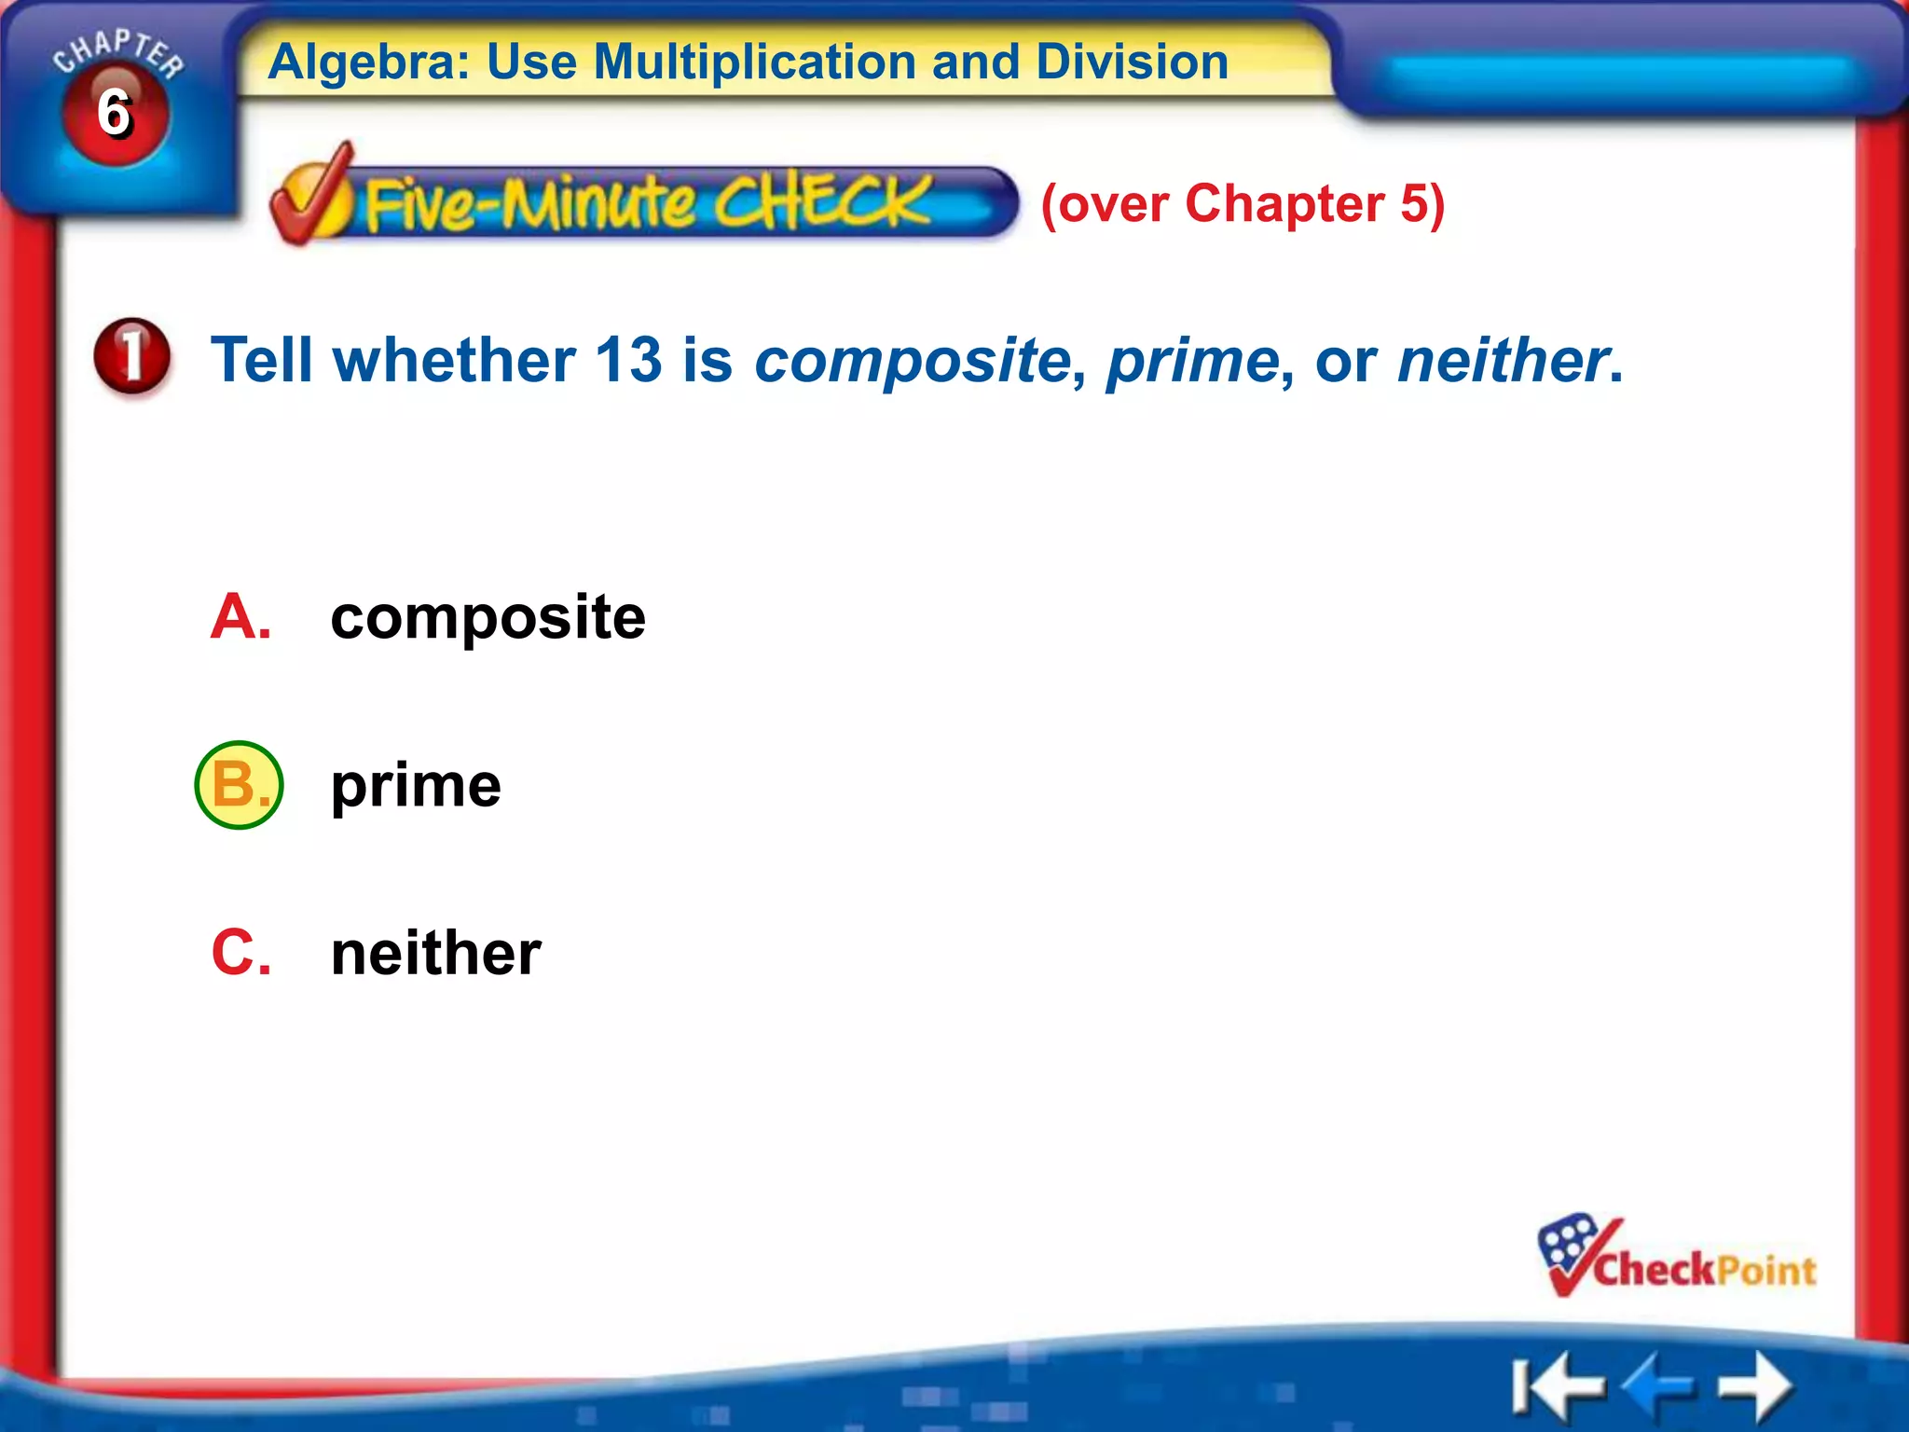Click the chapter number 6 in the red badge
[x=114, y=114]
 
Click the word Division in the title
[x=1132, y=63]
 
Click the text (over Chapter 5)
[x=1243, y=204]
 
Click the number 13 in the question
[x=628, y=360]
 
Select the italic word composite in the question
[x=913, y=362]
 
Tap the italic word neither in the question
[x=1502, y=362]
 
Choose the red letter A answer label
[x=240, y=617]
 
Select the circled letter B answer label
[x=239, y=785]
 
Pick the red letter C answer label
[x=240, y=953]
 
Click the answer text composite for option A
[x=488, y=618]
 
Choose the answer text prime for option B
[x=416, y=786]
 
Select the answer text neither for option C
[x=435, y=954]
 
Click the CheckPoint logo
[x=1676, y=1259]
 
